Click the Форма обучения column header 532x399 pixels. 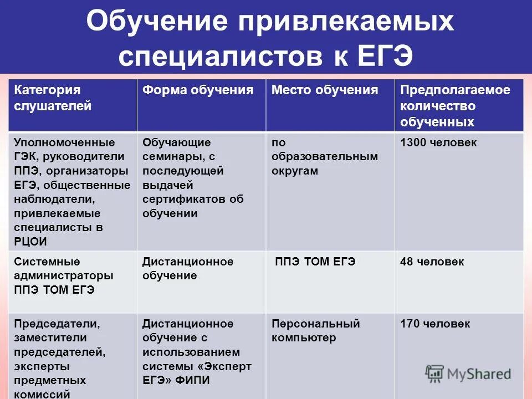(198, 90)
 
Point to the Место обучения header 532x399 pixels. (325, 90)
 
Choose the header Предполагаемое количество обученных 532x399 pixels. (455, 106)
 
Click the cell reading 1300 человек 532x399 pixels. (438, 143)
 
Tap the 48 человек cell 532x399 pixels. (432, 262)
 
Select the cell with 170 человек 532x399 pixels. (435, 324)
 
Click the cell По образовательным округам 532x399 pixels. (325, 157)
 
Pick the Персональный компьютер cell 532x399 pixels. (315, 330)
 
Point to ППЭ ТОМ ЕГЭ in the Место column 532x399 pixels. (315, 262)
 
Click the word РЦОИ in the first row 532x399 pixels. (31, 241)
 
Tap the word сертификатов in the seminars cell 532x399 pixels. (180, 199)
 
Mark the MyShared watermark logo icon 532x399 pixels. (435, 374)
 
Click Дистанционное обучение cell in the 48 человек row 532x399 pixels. (188, 268)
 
